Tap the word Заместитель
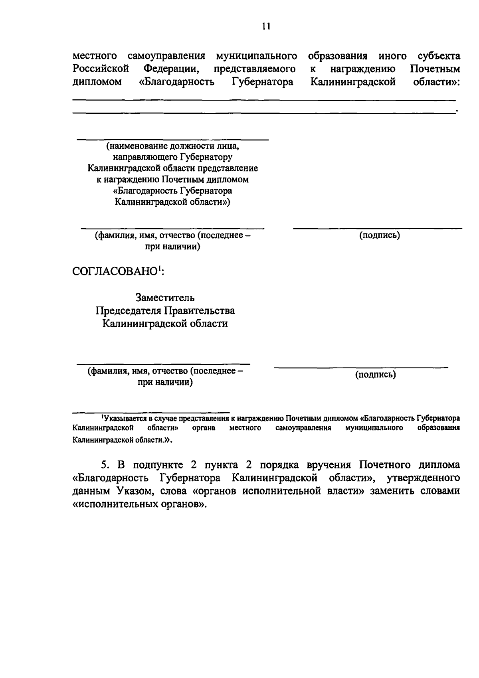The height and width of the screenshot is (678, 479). [165, 298]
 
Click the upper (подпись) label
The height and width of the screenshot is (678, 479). [380, 235]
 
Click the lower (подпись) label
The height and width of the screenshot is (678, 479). [376, 375]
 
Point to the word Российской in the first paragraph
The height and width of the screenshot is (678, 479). [101, 69]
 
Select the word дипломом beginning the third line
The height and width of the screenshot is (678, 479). [97, 82]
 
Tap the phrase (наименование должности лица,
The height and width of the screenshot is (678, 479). [172, 146]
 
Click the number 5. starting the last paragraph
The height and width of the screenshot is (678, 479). [105, 465]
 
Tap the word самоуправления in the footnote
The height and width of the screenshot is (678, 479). [303, 428]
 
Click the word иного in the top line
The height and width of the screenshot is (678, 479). [392, 56]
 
